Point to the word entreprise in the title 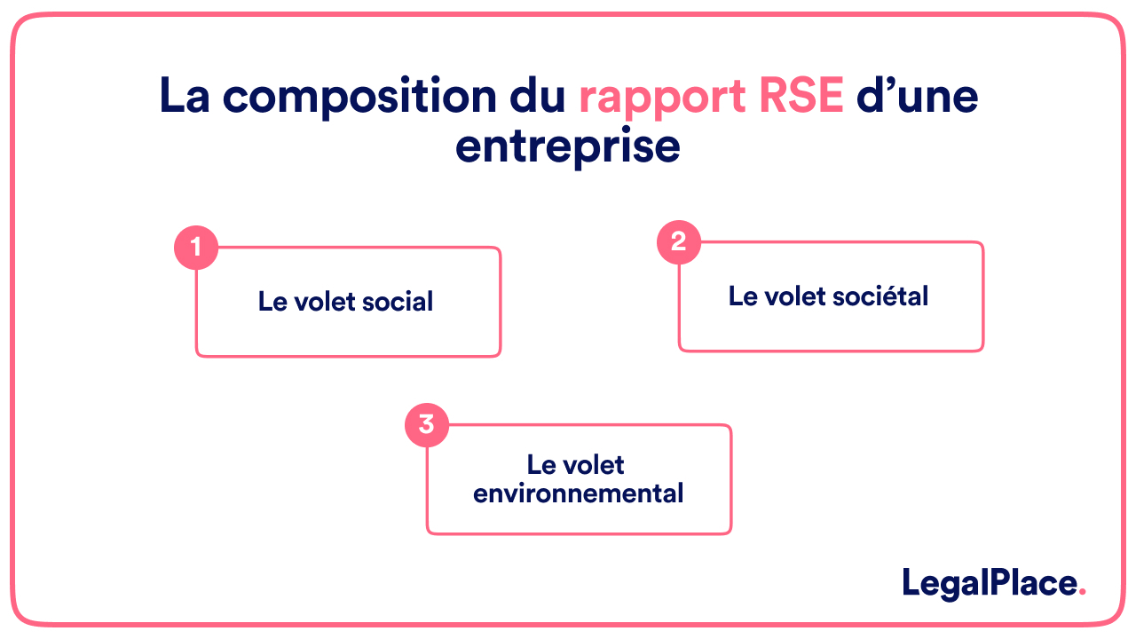click(x=567, y=146)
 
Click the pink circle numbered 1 click(x=196, y=248)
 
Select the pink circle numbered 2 click(x=679, y=242)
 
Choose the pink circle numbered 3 click(x=427, y=425)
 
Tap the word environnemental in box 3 click(x=579, y=493)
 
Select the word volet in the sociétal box click(x=793, y=296)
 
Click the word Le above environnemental click(x=540, y=465)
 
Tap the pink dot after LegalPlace click(x=1082, y=593)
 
